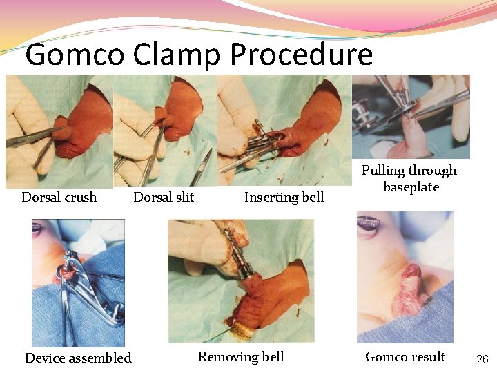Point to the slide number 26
tap(482, 359)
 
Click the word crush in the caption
tap(81, 198)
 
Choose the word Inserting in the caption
tap(269, 198)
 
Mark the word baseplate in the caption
tap(411, 187)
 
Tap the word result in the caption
tap(428, 357)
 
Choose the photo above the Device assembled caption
tap(78, 283)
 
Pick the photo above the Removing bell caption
tap(241, 280)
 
